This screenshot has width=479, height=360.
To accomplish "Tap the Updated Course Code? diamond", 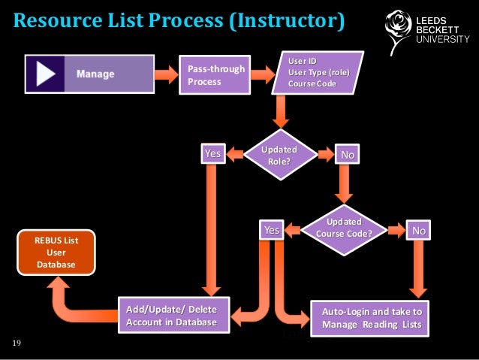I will click(344, 228).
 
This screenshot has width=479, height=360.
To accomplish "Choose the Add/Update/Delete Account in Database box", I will click(170, 316).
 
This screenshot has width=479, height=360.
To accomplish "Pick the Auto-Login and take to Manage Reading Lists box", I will click(371, 318).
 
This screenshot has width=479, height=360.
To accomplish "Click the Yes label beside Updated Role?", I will click(213, 153).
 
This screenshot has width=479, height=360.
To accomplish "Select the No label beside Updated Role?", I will click(347, 154).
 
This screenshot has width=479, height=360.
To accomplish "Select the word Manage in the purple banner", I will click(95, 74).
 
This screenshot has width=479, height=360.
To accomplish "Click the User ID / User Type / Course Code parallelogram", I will click(318, 72).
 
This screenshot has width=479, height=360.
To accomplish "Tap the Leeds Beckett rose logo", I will click(394, 27).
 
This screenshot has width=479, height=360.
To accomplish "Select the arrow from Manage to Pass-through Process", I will click(158, 74).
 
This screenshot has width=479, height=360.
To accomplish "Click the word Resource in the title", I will click(57, 19).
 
